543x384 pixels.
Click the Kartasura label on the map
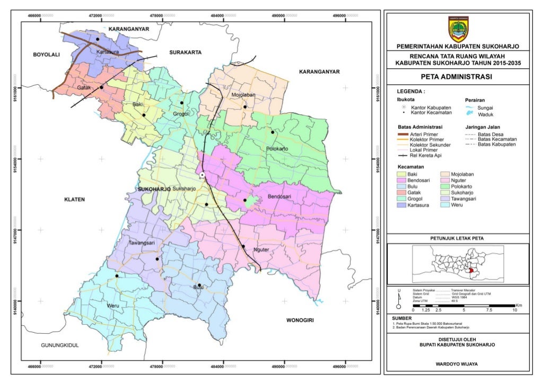pos(108,52)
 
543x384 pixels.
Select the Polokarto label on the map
pos(277,149)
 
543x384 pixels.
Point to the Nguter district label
pos(262,249)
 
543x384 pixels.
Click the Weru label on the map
pos(112,306)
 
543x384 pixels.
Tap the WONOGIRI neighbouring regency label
pos(300,320)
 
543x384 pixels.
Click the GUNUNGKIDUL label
pos(60,345)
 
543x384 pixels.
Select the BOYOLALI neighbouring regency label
pos(47,55)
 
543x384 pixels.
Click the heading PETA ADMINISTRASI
pos(458,77)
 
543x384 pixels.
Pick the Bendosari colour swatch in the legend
pos(401,180)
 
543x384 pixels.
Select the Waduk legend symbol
pos(469,114)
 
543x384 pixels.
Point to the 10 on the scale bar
pos(514,310)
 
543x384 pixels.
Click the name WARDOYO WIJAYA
pos(458,364)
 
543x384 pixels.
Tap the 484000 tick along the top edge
pos(218,16)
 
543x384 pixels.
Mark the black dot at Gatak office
pos(101,87)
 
